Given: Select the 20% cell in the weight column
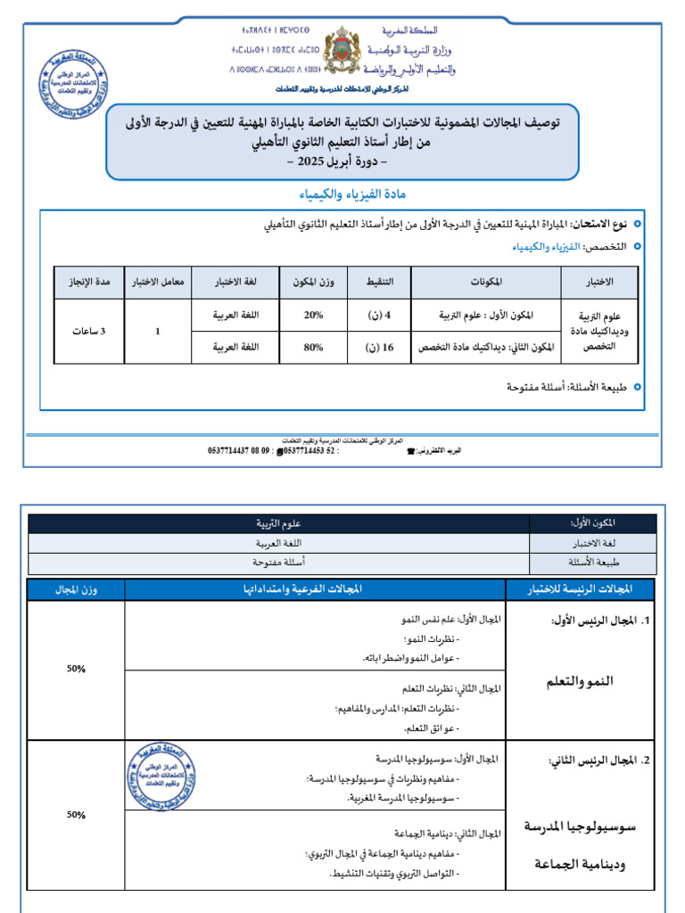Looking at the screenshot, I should click(x=313, y=316).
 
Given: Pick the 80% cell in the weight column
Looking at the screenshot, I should click(x=313, y=348).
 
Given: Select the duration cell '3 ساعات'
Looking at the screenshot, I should click(x=89, y=332).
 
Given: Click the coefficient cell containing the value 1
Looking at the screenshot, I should click(x=158, y=332).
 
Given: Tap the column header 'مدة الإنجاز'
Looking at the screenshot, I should click(x=89, y=282).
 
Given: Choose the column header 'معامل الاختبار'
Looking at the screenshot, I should click(x=158, y=282).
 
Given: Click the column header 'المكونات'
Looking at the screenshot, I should click(x=484, y=282).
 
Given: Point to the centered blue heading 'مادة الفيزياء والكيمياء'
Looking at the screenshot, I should click(x=342, y=193).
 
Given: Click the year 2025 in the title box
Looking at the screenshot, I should click(x=319, y=162).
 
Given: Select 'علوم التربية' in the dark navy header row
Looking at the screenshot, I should click(x=279, y=523).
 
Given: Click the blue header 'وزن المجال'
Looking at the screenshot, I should click(x=77, y=589).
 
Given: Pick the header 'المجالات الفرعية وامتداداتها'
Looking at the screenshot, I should click(x=315, y=589).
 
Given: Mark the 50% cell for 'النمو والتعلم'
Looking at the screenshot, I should click(x=76, y=668).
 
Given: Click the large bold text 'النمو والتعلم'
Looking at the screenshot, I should click(x=581, y=682).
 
